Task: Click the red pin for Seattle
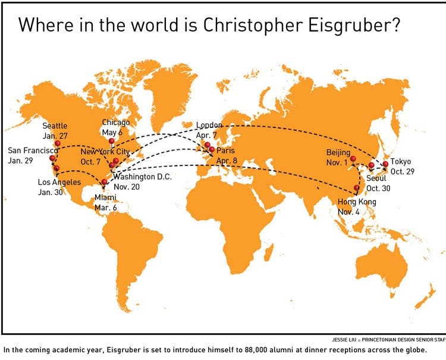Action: point(58,143)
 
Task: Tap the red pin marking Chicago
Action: point(112,141)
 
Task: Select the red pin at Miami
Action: point(105,183)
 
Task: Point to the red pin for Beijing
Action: point(353,159)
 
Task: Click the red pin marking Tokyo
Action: point(385,164)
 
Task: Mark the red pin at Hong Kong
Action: point(357,188)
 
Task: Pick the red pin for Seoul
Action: point(372,165)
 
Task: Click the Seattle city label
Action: point(55,126)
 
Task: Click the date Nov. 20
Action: point(126,186)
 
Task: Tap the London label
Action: point(209,125)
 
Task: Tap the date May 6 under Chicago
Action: point(112,132)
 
